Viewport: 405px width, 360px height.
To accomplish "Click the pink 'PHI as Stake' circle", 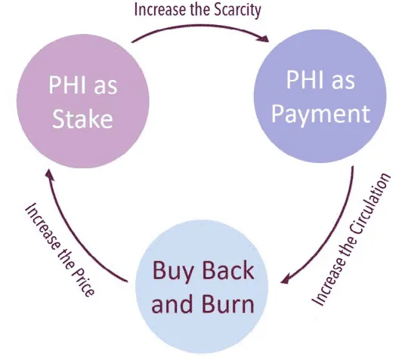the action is point(83,101).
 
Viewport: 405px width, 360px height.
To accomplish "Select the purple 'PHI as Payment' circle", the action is point(320,96).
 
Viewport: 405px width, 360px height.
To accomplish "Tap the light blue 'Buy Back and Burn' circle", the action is point(202,287).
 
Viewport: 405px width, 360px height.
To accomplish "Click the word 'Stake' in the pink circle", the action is point(82,118).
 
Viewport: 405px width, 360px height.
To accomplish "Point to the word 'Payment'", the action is point(321,114).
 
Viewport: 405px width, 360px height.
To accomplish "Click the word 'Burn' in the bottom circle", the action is point(228,303).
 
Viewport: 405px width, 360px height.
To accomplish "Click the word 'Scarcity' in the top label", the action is point(237,11).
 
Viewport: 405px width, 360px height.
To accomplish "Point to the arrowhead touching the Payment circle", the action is point(264,38).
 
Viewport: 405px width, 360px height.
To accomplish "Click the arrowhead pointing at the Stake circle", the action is point(48,174).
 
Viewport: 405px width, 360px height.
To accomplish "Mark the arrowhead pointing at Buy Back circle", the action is point(285,278).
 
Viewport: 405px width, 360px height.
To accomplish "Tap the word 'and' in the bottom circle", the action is point(172,303).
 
